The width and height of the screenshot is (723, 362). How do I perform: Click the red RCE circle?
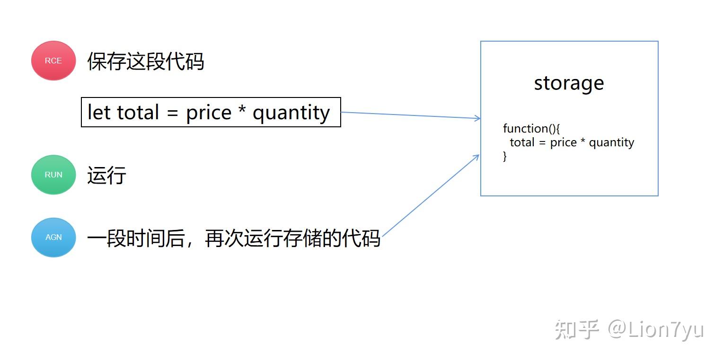53,61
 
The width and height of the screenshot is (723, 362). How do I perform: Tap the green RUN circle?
53,175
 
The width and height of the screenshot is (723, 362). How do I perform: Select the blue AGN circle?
53,238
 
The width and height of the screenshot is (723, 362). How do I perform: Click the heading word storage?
569,84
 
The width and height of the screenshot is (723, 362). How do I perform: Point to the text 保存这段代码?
146,62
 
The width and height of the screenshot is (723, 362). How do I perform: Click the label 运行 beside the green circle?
106,176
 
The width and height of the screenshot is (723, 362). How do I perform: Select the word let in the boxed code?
99,112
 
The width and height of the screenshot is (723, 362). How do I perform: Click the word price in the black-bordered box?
209,114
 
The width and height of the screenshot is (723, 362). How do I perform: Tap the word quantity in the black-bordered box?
291,114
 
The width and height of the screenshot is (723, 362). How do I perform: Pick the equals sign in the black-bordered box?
173,114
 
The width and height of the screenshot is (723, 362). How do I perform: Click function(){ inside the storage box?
531,129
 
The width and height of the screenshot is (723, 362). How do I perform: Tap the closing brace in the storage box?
505,156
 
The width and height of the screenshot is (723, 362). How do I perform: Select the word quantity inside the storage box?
611,143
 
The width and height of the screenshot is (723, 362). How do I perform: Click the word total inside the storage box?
522,142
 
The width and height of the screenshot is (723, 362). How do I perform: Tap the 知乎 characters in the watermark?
577,330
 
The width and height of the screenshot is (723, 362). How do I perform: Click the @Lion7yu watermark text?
656,330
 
